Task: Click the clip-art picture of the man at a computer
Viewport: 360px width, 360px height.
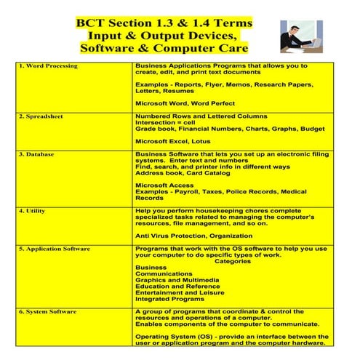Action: (305, 36)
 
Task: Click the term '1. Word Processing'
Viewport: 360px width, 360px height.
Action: (47, 66)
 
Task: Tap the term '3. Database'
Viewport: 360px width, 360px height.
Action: (39, 155)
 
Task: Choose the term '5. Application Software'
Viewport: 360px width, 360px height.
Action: (54, 249)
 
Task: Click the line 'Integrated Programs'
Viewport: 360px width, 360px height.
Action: (169, 299)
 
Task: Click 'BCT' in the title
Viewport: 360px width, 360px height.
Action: (92, 23)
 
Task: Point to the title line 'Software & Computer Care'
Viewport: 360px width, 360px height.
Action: (164, 49)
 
